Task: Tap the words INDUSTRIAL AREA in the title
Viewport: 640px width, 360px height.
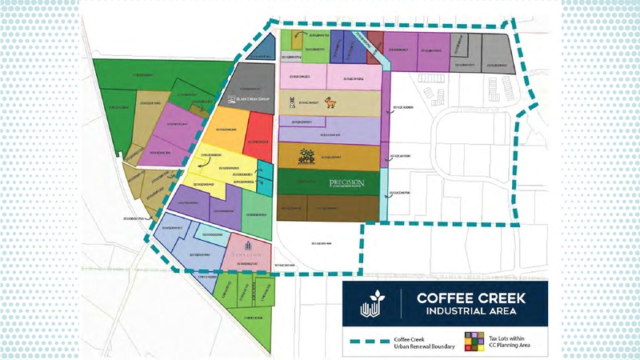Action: (469, 310)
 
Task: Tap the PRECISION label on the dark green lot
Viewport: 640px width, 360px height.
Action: (346, 184)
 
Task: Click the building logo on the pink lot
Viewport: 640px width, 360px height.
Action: (248, 245)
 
